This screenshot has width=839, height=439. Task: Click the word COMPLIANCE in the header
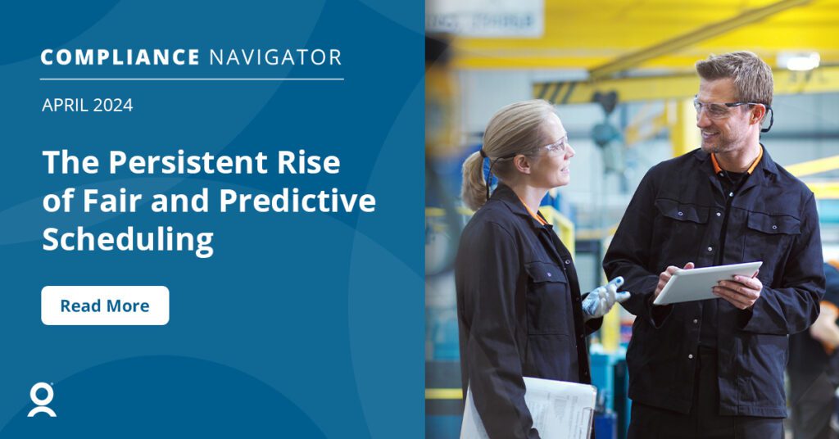[x=120, y=57]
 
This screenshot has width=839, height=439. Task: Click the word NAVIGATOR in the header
[x=274, y=57]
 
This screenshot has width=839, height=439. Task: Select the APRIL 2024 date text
[x=87, y=105]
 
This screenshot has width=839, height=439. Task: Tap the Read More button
[x=105, y=305]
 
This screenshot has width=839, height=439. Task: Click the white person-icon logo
[x=42, y=400]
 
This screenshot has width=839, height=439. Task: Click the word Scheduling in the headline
[x=127, y=240]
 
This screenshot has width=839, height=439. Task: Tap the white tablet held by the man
[x=707, y=282]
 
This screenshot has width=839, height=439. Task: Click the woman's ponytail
[x=474, y=180]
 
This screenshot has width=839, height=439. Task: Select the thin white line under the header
[x=192, y=79]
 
